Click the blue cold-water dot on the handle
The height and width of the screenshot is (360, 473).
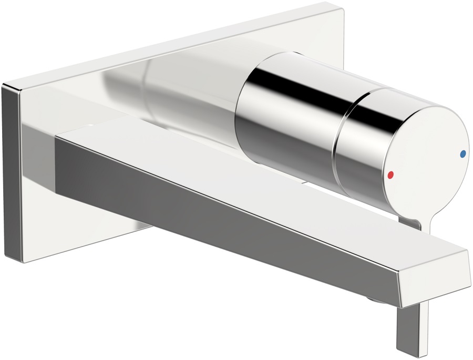coord(462,154)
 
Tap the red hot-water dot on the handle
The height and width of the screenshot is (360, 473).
coord(390,176)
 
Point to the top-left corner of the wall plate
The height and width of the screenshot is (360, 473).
coord(4,84)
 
